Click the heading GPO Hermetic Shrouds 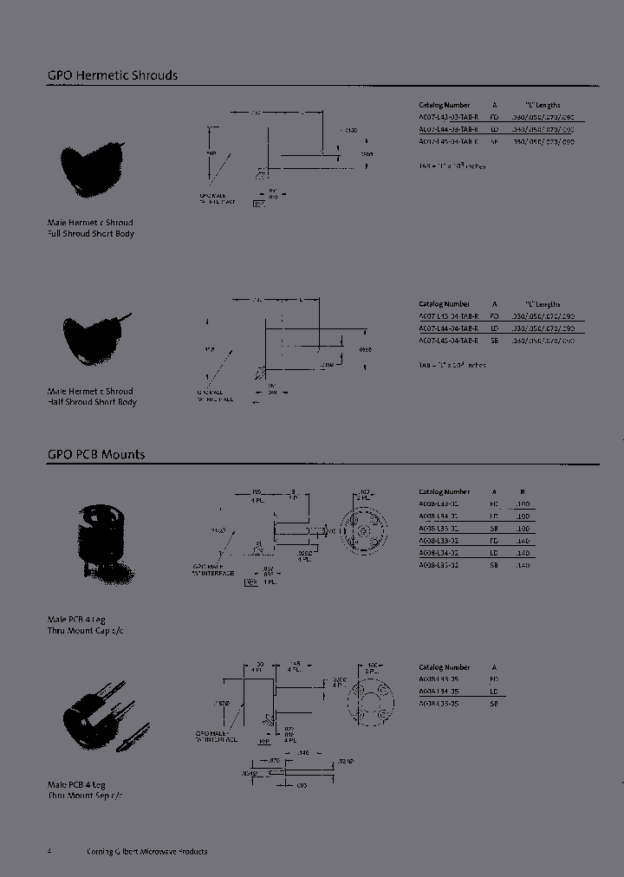coord(112,75)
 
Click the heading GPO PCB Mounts coord(95,454)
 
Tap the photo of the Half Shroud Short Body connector coord(94,337)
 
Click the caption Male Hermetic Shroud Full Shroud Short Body coord(91,228)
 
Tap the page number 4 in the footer coord(49,851)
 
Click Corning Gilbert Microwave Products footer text coord(146,851)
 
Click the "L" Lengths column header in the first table coord(543,104)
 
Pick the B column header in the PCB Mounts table coord(522,491)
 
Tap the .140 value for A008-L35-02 coord(522,565)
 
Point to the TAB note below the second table coord(452,365)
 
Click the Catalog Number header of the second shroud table coord(444,304)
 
